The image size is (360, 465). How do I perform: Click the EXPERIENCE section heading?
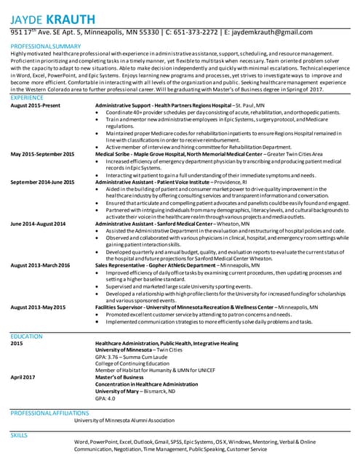point(27,97)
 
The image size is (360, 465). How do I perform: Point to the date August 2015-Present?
point(35,105)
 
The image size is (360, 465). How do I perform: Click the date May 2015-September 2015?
point(42,155)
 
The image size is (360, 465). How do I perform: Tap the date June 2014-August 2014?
point(38,223)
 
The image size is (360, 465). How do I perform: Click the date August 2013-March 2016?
point(40,266)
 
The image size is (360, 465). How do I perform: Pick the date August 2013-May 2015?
point(39,308)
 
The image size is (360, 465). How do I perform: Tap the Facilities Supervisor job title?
point(124,308)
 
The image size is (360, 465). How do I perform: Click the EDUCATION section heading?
point(26,336)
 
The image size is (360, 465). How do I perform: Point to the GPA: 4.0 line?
point(106,399)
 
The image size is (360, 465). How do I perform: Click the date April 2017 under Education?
point(23,377)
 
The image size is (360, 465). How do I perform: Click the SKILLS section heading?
point(18,434)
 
